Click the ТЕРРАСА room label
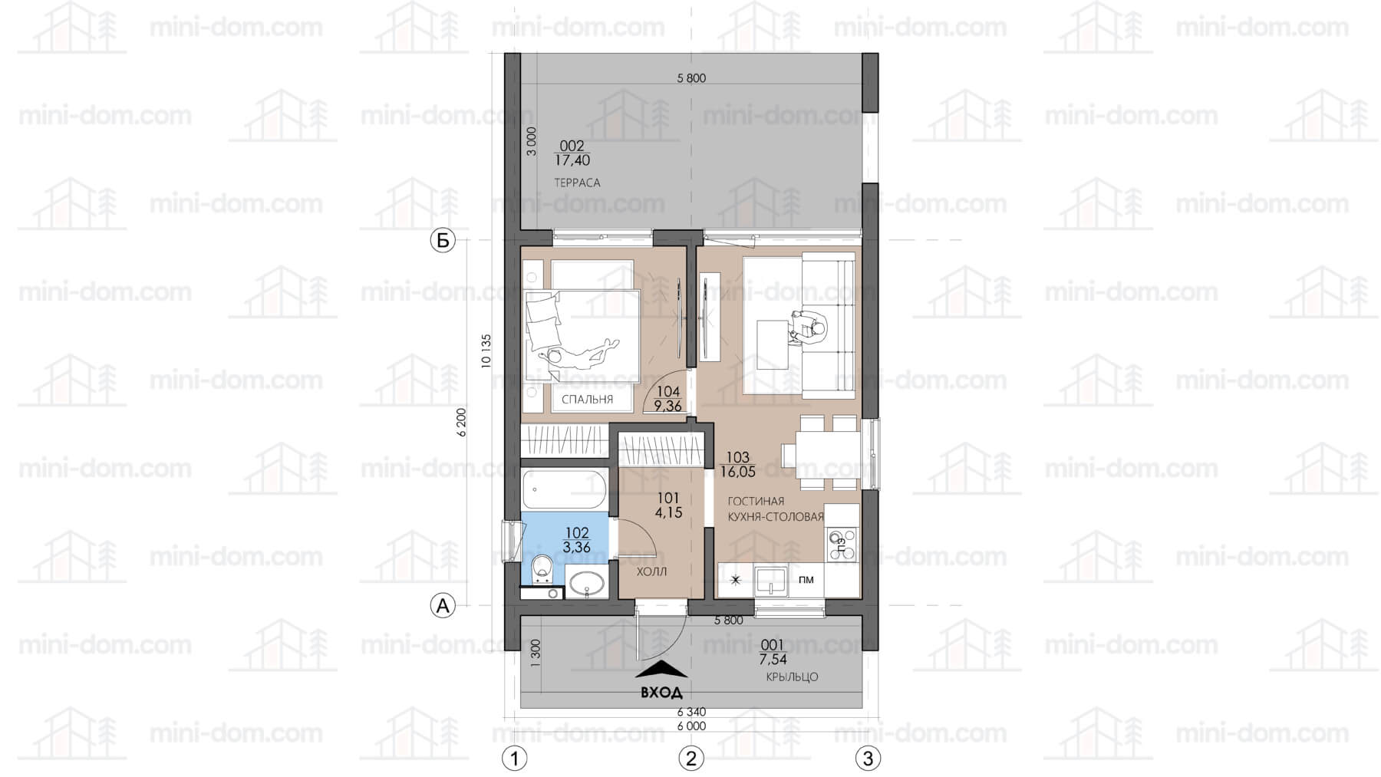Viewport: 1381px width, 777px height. (x=577, y=183)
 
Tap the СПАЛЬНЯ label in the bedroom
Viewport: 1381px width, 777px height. (x=587, y=400)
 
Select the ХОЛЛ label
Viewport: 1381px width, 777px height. (x=651, y=571)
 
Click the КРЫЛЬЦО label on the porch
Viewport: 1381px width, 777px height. (x=792, y=677)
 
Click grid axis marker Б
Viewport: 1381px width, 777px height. (x=442, y=241)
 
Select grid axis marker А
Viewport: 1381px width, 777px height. (x=442, y=606)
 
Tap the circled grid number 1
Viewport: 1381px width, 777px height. (x=514, y=759)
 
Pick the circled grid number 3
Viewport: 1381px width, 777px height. (x=868, y=759)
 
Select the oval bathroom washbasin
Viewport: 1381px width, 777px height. (x=586, y=583)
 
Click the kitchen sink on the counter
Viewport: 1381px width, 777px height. (x=770, y=580)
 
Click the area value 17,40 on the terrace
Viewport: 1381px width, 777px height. (x=572, y=160)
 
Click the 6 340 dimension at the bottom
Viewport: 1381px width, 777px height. (x=691, y=713)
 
